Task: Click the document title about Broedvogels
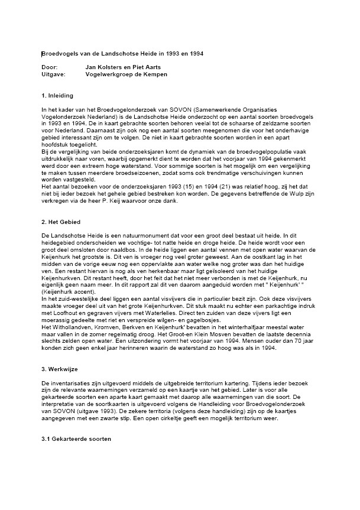click(122, 54)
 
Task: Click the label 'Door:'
click(49, 68)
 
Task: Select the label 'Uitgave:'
click(53, 75)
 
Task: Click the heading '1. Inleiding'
click(57, 95)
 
